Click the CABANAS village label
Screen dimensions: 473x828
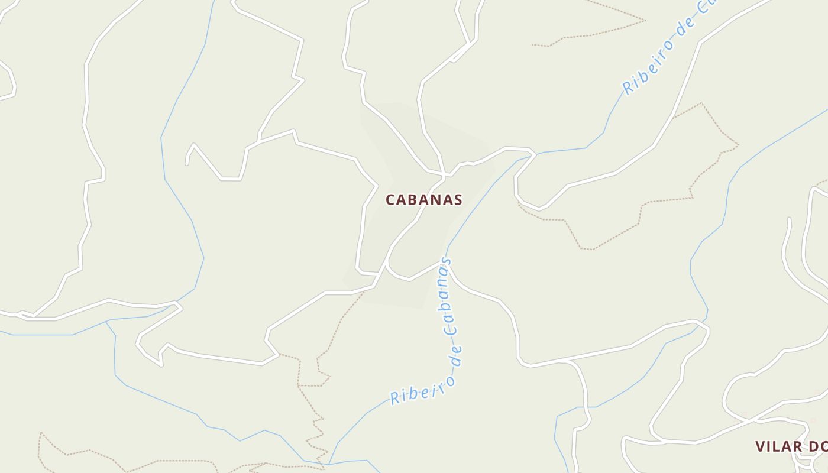[x=423, y=200]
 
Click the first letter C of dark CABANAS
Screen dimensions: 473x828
[x=390, y=200]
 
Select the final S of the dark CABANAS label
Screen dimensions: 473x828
[x=458, y=200]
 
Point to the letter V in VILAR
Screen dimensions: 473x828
[x=760, y=446]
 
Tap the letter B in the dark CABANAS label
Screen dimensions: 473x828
[x=413, y=200]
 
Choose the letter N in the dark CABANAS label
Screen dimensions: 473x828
[x=435, y=200]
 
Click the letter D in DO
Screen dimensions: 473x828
[x=813, y=446]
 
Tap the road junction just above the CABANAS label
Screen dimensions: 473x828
[x=443, y=175]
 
